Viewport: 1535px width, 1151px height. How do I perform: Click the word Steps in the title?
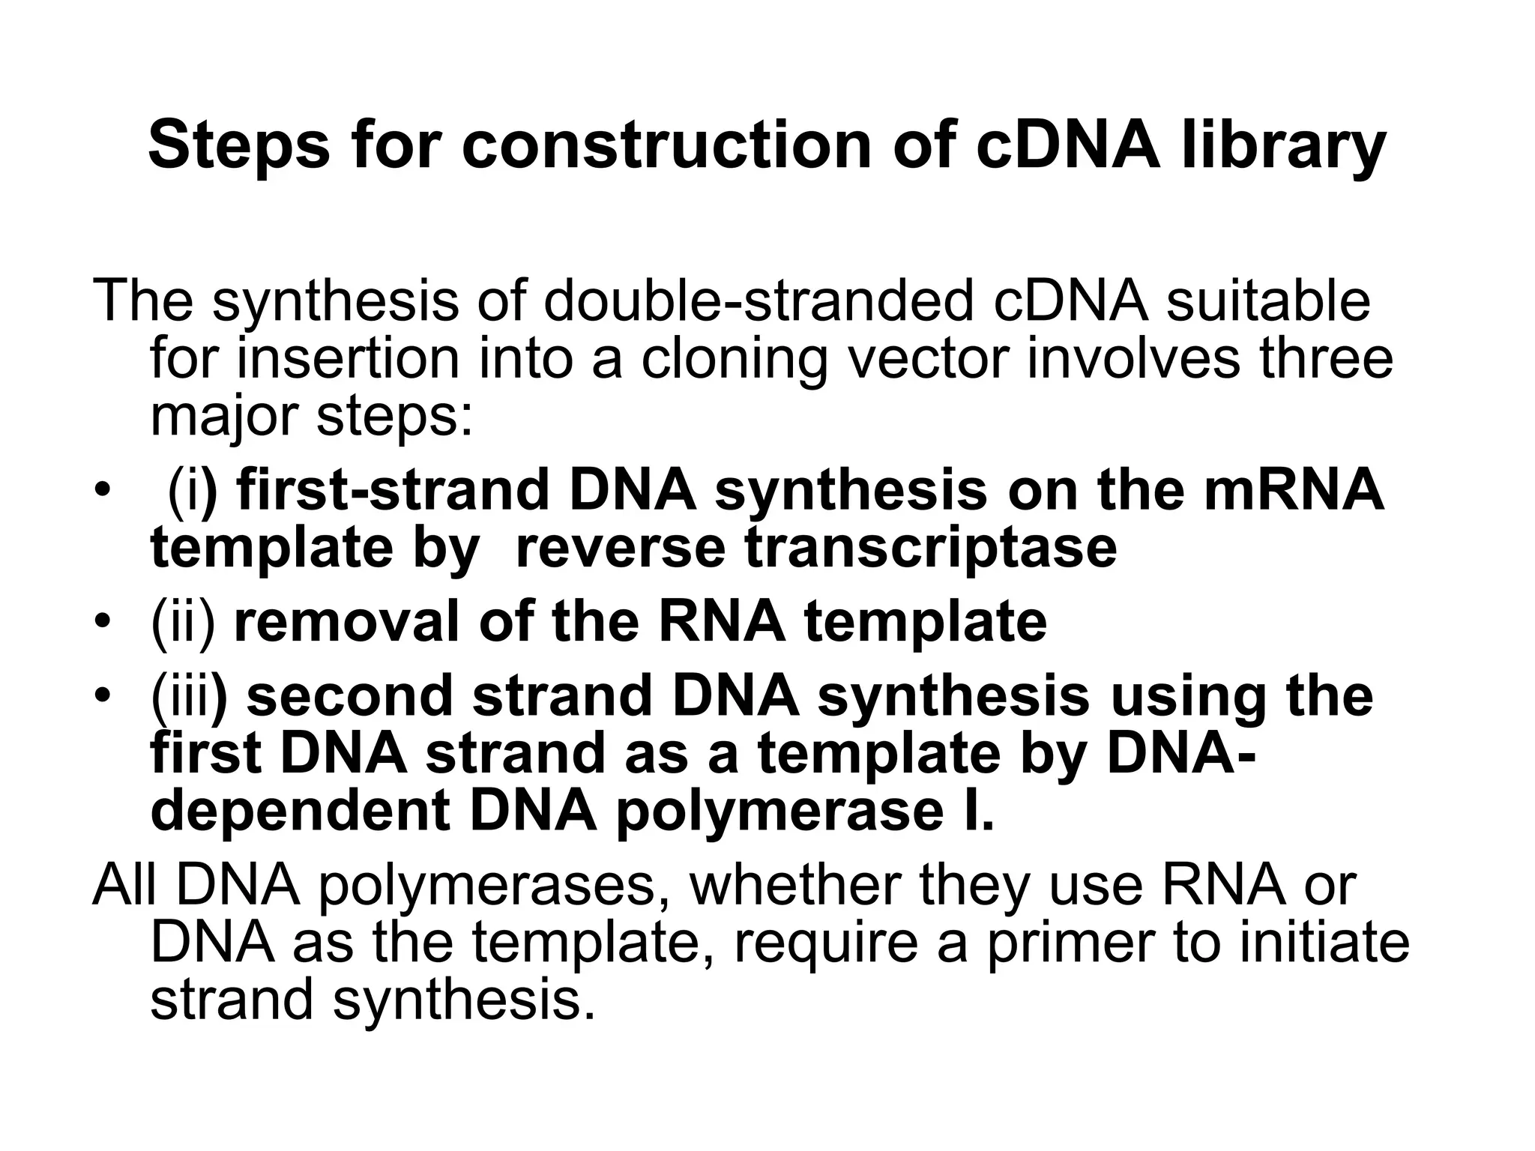tap(239, 146)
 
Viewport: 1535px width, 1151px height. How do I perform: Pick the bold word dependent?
tap(301, 812)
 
